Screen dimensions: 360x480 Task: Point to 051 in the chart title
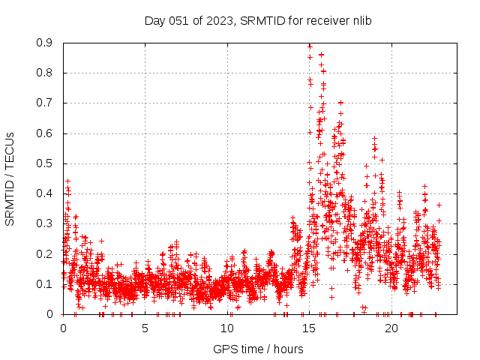pos(177,20)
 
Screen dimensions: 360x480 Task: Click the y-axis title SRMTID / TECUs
pos(10,179)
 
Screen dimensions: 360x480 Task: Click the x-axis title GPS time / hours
pos(258,349)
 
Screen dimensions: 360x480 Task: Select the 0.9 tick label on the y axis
pos(45,43)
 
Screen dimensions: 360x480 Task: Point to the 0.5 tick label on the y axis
pos(45,163)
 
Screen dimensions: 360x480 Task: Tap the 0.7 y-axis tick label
pos(45,103)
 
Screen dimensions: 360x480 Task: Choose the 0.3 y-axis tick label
pos(45,223)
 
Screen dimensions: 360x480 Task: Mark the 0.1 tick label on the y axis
pos(45,284)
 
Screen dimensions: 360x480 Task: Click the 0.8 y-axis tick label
pos(45,73)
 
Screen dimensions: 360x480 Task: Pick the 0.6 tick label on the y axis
pos(45,133)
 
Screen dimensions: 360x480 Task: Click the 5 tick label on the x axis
pos(145,328)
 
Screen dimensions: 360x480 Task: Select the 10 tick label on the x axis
pos(227,328)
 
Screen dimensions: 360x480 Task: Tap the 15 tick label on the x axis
pos(310,328)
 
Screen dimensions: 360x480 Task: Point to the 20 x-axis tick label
pos(391,328)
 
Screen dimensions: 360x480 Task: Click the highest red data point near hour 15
pos(310,46)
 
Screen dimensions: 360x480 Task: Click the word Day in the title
pos(154,20)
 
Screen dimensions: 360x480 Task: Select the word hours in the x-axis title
pos(288,349)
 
